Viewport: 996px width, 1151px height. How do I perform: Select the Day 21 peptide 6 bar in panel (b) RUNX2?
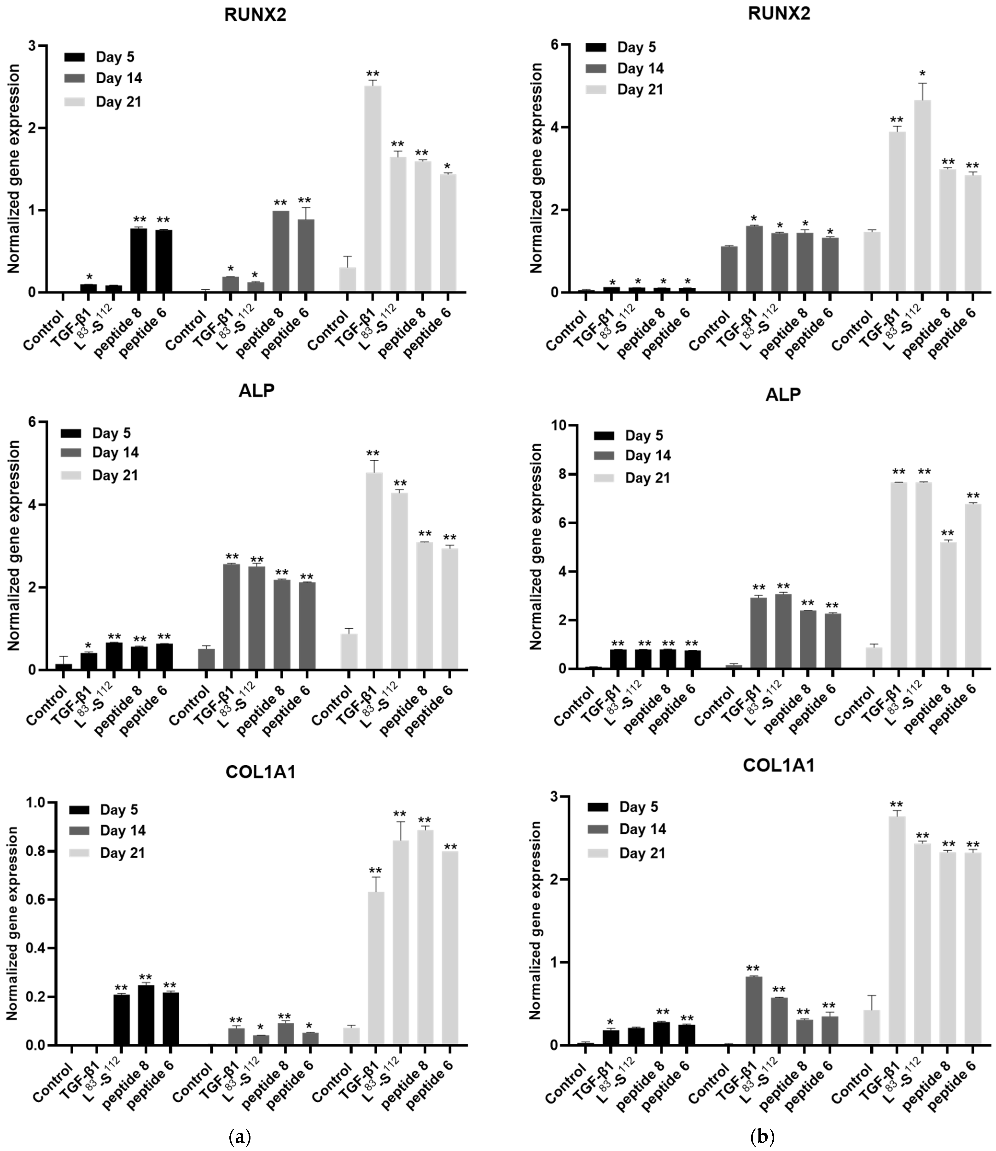973,233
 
